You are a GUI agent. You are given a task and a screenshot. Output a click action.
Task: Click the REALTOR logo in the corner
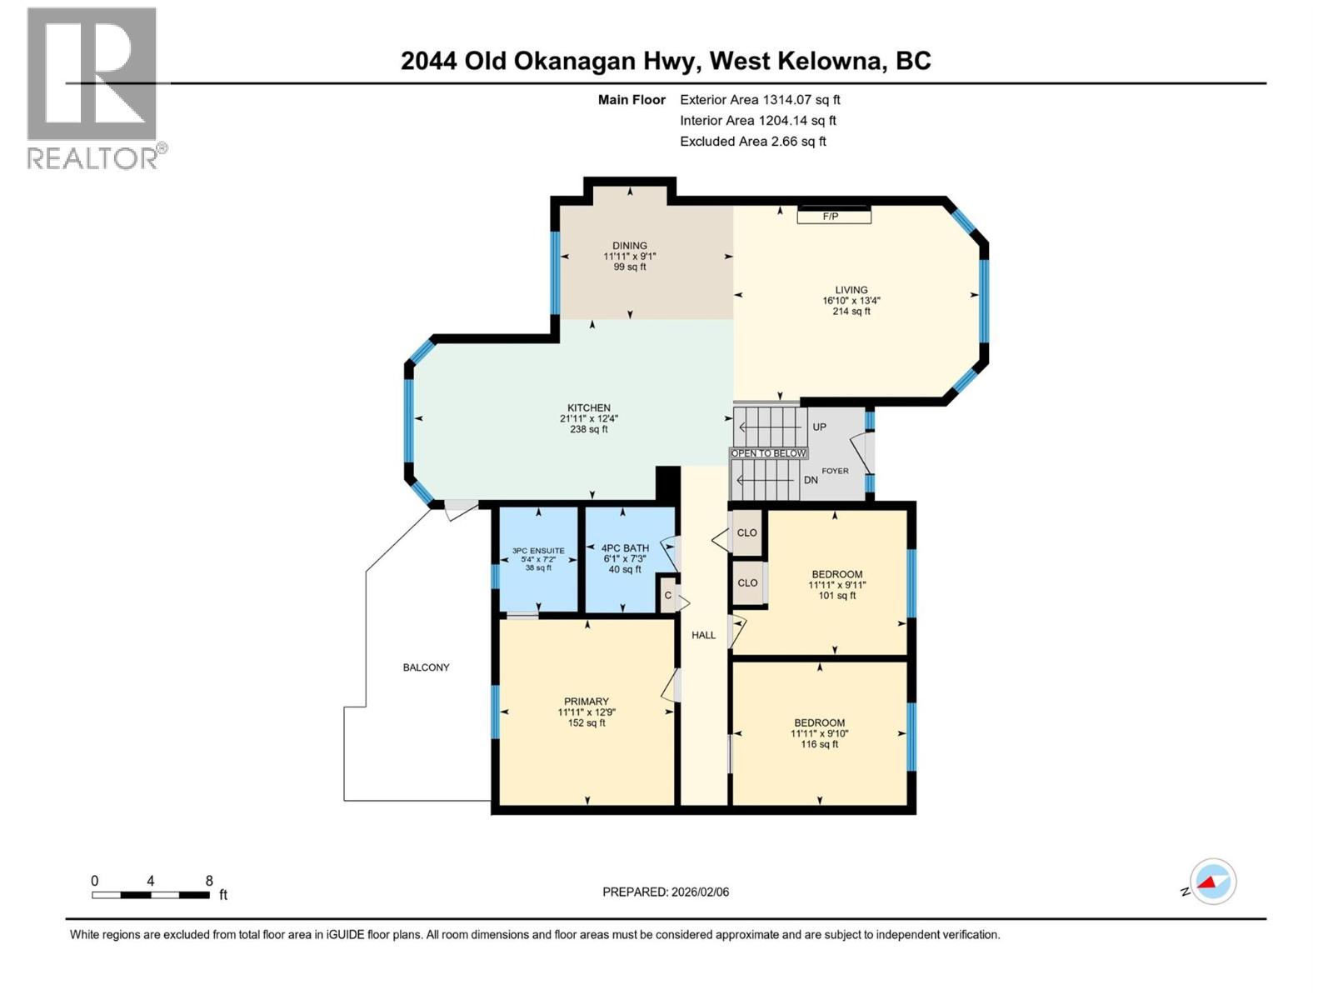[92, 87]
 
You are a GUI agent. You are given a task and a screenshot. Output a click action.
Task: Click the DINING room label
[630, 246]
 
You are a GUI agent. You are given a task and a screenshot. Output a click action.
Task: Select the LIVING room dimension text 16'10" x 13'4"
[851, 301]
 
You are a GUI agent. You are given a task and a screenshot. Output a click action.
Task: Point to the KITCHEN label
[589, 408]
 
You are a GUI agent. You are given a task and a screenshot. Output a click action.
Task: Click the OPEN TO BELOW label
[769, 453]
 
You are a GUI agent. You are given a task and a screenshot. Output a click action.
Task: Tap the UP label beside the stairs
[819, 427]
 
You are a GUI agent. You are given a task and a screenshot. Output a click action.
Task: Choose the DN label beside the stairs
[811, 480]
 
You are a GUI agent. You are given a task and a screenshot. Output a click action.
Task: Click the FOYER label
[836, 471]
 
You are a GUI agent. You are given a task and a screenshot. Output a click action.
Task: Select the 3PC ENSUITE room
[538, 558]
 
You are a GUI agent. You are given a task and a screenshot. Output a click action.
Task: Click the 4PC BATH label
[625, 548]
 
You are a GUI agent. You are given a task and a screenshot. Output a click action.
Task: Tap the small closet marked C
[668, 595]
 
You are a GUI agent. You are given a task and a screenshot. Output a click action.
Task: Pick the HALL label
[703, 635]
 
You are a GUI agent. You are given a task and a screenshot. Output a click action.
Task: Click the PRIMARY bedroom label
[587, 702]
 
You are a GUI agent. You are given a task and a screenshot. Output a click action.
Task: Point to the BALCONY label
[426, 667]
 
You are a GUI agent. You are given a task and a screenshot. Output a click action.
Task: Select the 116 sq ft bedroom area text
[820, 744]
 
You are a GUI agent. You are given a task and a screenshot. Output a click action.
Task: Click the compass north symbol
[1212, 882]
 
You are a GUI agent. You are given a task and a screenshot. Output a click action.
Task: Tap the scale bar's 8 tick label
[209, 881]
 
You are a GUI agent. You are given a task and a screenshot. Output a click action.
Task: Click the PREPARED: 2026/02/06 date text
[666, 892]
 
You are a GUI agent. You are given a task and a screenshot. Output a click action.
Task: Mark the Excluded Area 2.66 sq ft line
[753, 142]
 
